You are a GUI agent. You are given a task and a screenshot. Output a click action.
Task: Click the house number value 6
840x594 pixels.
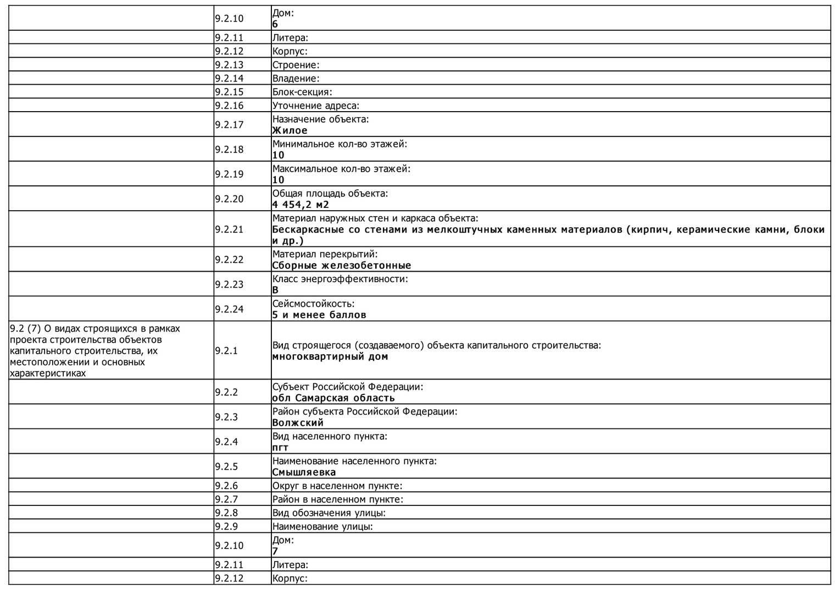pos(275,24)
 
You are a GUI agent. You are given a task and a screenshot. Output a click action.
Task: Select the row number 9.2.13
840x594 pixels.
pos(229,65)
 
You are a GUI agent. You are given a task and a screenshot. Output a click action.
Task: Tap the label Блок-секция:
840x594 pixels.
pos(302,92)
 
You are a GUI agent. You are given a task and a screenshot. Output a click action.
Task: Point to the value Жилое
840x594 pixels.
pos(290,130)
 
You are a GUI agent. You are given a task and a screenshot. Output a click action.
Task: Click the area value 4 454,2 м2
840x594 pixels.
pos(301,205)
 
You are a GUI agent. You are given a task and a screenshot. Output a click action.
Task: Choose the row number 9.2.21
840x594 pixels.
pos(229,229)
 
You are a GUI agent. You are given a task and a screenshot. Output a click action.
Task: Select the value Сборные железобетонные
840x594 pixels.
pos(342,265)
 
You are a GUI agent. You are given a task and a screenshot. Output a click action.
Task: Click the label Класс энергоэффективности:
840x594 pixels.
pos(340,279)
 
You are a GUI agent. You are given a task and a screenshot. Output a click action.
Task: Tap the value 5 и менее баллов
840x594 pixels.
pos(319,315)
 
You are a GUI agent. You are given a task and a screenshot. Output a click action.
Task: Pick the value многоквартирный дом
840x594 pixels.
pos(330,356)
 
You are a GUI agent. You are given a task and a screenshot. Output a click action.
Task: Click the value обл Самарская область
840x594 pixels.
pos(333,398)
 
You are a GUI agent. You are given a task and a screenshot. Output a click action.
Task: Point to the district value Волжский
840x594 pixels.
pos(298,422)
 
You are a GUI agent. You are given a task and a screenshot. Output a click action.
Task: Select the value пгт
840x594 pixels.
pos(280,447)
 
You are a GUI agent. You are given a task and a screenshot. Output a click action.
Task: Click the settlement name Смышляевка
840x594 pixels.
pos(304,472)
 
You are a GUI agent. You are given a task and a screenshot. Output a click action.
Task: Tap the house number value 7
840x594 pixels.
pos(275,551)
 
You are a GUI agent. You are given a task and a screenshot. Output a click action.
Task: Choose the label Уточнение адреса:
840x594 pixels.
pos(316,106)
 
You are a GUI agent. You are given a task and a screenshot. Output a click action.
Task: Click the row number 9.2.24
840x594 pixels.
pos(229,309)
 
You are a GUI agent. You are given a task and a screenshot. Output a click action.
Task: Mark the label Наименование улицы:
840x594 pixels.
pos(322,526)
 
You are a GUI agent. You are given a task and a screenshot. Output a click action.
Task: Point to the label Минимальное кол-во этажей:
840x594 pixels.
pos(340,144)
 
